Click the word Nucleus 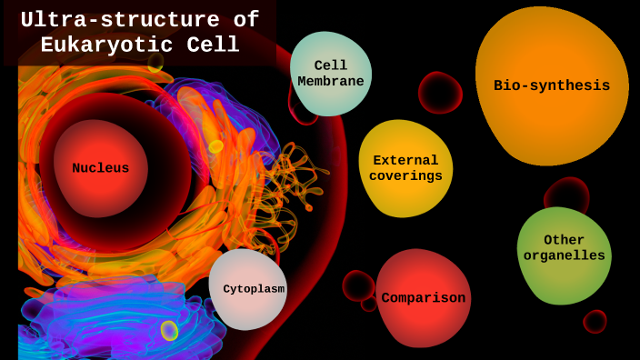click(100, 168)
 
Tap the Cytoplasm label click(254, 289)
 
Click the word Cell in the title click(216, 45)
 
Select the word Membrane click(331, 81)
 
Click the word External click(405, 160)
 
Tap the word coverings click(405, 175)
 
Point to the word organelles click(564, 255)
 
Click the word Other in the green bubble click(564, 240)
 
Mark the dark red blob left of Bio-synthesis click(440, 93)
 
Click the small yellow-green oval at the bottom click(169, 330)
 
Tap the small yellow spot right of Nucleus click(215, 146)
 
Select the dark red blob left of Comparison click(357, 285)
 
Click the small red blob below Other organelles click(595, 322)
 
